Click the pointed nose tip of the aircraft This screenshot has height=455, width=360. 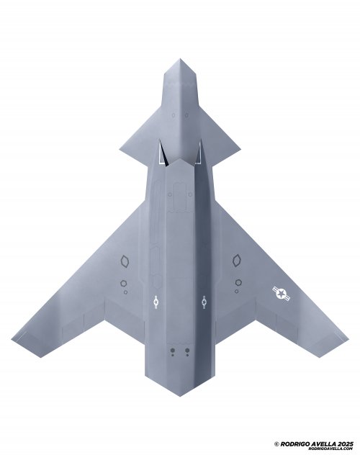pos(180,59)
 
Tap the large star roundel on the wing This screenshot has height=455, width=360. pos(282,294)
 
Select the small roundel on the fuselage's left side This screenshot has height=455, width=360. pos(156,302)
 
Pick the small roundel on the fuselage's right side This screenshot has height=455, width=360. pos(204,302)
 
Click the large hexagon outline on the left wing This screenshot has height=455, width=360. pos(125,261)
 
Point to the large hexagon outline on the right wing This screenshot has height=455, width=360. pos(237,261)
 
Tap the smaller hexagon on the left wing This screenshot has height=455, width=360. pos(124,283)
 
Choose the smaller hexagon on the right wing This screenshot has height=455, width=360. pos(238,282)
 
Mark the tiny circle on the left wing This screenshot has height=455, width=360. pos(125,292)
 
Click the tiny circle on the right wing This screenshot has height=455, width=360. pos(237,291)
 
